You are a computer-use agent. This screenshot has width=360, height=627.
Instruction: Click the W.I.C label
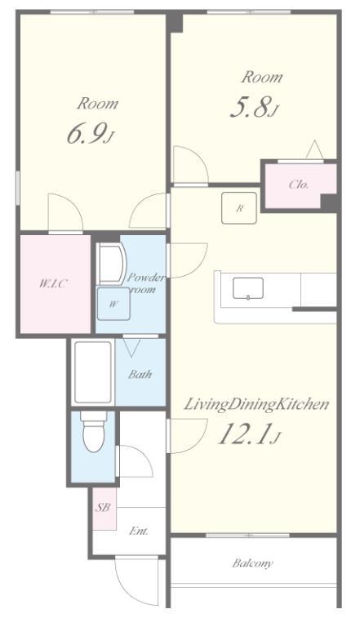(x=53, y=283)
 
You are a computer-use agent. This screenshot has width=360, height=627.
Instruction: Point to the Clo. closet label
(x=299, y=185)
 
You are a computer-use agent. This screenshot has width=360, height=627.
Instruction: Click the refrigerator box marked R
(x=240, y=208)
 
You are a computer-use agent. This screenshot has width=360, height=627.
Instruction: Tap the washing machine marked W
(x=113, y=304)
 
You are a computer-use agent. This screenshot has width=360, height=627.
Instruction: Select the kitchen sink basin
(x=248, y=288)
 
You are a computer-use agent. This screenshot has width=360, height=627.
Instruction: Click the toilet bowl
(x=94, y=436)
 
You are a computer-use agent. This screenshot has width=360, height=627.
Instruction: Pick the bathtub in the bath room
(x=93, y=372)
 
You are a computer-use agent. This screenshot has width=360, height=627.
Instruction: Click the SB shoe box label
(x=102, y=508)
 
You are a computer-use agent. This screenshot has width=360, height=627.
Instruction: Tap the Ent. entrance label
(x=139, y=531)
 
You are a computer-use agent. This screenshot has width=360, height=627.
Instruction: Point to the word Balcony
(x=253, y=563)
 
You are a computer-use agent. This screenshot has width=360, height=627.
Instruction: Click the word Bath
(x=140, y=374)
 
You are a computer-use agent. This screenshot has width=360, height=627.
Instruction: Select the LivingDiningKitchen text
(x=256, y=404)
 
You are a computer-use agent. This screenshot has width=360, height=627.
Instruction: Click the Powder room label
(x=145, y=283)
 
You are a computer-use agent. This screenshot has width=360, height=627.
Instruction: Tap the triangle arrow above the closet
(x=315, y=149)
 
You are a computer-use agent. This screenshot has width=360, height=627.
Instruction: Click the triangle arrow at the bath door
(x=131, y=348)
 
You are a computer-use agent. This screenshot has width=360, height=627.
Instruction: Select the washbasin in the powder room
(x=112, y=264)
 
